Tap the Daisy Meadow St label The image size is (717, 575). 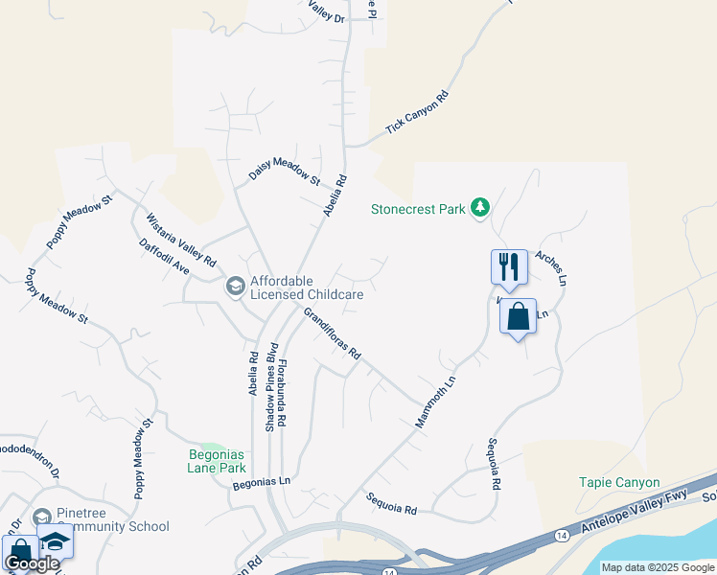tap(284, 172)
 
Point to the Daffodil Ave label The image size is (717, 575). tap(164, 257)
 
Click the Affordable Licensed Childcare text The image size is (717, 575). tap(306, 288)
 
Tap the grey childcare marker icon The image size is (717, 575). tap(235, 286)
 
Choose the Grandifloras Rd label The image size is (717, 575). tap(332, 333)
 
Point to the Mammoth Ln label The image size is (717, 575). tap(434, 402)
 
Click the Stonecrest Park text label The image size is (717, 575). tap(418, 208)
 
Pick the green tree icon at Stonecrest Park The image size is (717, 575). tap(481, 208)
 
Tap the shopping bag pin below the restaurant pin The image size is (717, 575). tap(518, 316)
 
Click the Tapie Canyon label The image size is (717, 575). tap(619, 483)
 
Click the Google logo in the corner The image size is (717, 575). tap(31, 563)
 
